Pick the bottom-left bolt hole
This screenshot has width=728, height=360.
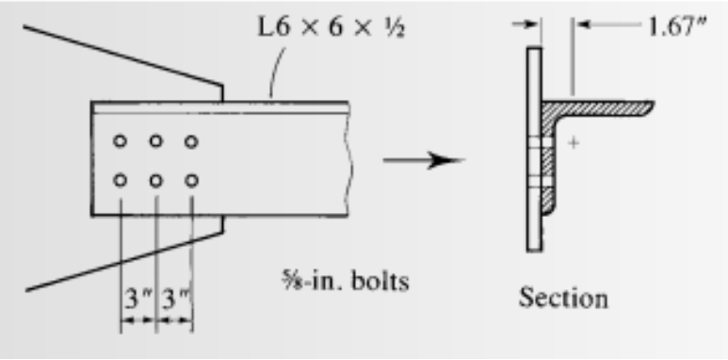tap(121, 179)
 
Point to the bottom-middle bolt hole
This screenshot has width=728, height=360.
tap(155, 179)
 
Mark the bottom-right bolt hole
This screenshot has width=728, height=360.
tap(191, 179)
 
